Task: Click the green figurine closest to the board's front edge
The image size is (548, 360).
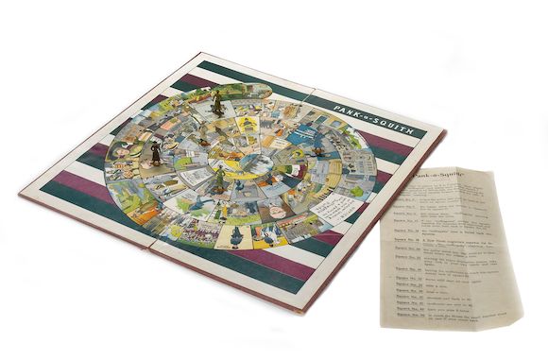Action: pyautogui.click(x=219, y=179)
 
